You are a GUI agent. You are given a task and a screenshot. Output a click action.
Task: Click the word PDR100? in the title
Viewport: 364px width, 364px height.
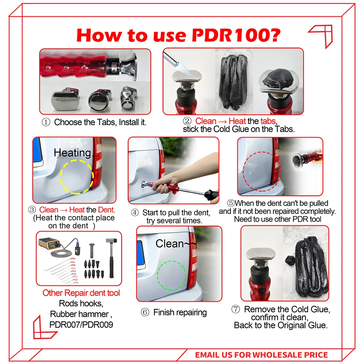(x=236, y=35)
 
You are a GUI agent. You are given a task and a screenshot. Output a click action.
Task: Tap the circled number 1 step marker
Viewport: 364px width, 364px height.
(x=46, y=122)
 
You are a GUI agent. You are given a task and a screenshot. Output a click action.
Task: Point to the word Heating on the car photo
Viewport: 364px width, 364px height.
(x=72, y=153)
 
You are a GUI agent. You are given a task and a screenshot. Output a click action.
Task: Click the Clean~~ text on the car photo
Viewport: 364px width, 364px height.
(x=176, y=244)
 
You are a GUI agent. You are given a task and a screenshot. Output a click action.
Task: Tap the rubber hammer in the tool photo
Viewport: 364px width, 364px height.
(x=111, y=258)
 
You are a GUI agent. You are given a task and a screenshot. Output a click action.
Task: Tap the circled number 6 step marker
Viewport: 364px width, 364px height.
(x=145, y=312)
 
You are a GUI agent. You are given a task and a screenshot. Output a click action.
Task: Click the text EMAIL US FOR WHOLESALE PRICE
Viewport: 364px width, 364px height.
(x=261, y=355)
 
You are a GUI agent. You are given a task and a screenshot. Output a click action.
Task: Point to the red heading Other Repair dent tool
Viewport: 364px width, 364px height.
(x=81, y=293)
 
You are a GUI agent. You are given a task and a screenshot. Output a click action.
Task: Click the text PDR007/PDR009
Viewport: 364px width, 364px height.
(x=81, y=325)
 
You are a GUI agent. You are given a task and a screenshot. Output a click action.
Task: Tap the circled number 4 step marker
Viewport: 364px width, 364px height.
(x=135, y=213)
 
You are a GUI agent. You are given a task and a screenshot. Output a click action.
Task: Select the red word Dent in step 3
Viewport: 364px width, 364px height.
(x=106, y=210)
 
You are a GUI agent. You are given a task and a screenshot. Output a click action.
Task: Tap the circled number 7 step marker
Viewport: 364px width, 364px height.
(x=236, y=309)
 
